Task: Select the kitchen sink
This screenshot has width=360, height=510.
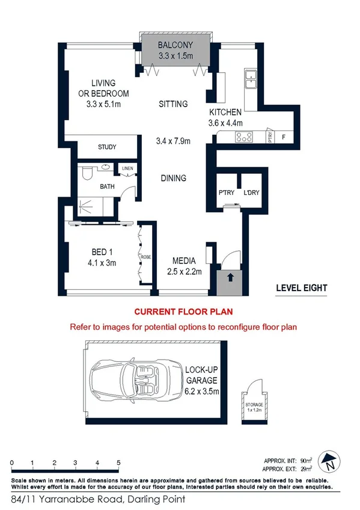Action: coord(251,77)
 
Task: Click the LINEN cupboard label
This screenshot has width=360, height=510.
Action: coord(127,169)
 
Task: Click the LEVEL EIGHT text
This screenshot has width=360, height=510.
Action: coord(301,288)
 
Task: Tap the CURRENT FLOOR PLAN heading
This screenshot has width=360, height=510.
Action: coord(183,312)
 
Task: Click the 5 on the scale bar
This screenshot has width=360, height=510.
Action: coord(119,462)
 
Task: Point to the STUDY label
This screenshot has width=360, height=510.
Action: coord(107,147)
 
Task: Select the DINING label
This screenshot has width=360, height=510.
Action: coord(174,178)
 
